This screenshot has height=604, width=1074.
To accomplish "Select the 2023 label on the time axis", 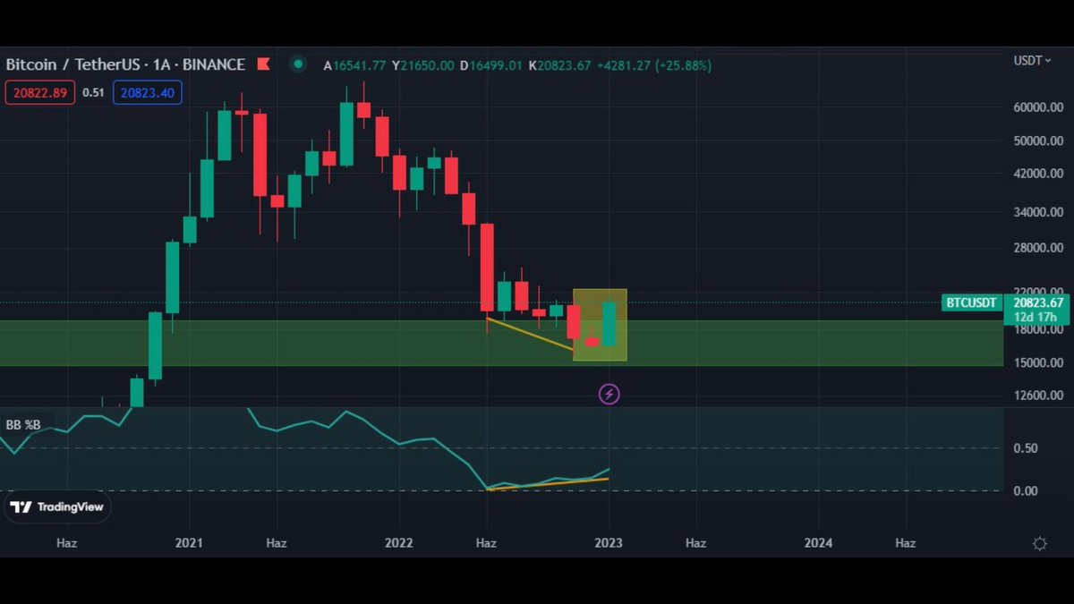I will tap(609, 542).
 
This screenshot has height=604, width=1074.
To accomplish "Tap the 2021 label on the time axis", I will tap(189, 542).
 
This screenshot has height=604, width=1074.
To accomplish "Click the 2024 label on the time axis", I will tap(818, 542).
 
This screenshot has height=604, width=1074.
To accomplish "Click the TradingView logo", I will tap(57, 506).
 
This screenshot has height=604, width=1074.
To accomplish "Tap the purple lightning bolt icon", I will tap(609, 394).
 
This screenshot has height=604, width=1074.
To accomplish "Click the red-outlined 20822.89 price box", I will tap(40, 92).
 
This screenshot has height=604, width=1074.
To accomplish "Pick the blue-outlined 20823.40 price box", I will tap(148, 92).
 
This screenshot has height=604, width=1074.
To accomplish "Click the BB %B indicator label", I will tap(23, 424).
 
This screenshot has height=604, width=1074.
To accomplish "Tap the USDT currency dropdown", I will tap(1030, 60).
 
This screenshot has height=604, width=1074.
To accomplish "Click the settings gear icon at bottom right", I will tap(1040, 543).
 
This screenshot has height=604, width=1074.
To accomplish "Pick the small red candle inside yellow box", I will tap(592, 342).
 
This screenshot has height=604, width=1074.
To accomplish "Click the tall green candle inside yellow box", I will tap(609, 324).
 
